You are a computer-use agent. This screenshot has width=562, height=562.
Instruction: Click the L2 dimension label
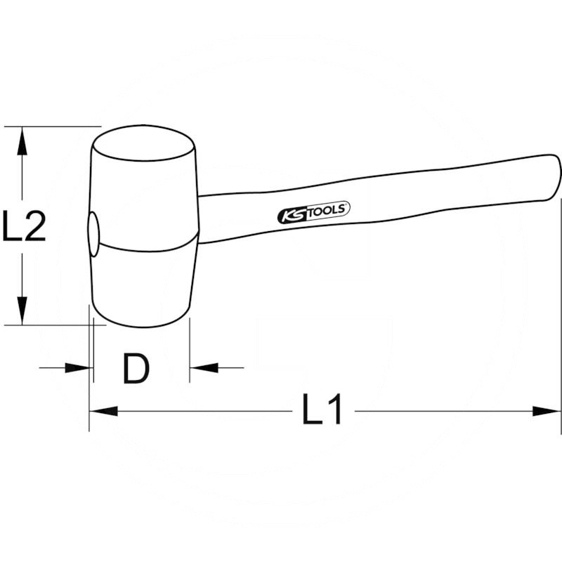click(24, 226)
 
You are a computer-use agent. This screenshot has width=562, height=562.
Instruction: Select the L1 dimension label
click(322, 410)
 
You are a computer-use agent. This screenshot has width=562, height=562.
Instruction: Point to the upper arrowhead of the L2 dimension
click(22, 140)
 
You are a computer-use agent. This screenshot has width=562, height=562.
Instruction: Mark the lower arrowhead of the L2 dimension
click(22, 311)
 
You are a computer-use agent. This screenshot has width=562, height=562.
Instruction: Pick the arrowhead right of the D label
click(204, 367)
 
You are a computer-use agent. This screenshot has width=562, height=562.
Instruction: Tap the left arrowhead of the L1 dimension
click(103, 411)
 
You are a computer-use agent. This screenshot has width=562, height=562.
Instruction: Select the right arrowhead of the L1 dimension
click(548, 411)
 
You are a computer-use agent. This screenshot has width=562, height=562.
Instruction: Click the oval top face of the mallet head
click(144, 145)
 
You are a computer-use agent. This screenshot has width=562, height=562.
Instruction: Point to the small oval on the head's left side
click(93, 235)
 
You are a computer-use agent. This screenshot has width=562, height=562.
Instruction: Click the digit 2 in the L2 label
click(34, 226)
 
